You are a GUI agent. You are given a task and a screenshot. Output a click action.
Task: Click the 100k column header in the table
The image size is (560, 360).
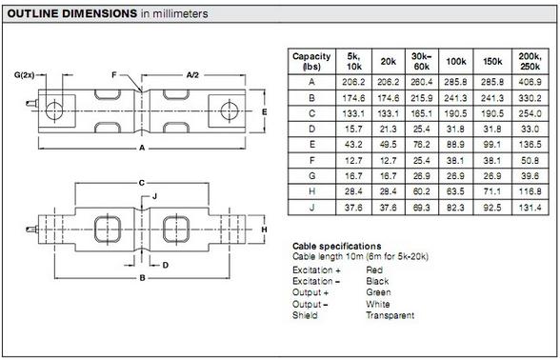click(455, 61)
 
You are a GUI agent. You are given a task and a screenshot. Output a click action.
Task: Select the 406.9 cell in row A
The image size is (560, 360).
click(530, 82)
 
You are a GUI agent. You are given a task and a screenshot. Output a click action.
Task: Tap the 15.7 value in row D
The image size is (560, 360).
click(353, 129)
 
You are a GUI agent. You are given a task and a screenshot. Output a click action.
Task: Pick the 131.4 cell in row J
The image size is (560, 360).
click(530, 208)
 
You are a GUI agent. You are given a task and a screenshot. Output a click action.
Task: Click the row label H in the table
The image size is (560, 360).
click(311, 191)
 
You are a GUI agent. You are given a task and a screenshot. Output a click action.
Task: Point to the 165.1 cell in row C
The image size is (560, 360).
click(421, 113)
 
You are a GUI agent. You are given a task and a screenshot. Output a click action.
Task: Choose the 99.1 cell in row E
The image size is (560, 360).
click(492, 145)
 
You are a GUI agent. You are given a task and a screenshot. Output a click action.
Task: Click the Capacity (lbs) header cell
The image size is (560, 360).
click(311, 61)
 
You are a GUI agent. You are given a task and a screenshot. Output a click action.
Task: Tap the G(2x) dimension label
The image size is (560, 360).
click(25, 75)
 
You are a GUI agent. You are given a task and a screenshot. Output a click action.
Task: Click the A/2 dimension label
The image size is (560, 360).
click(192, 75)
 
